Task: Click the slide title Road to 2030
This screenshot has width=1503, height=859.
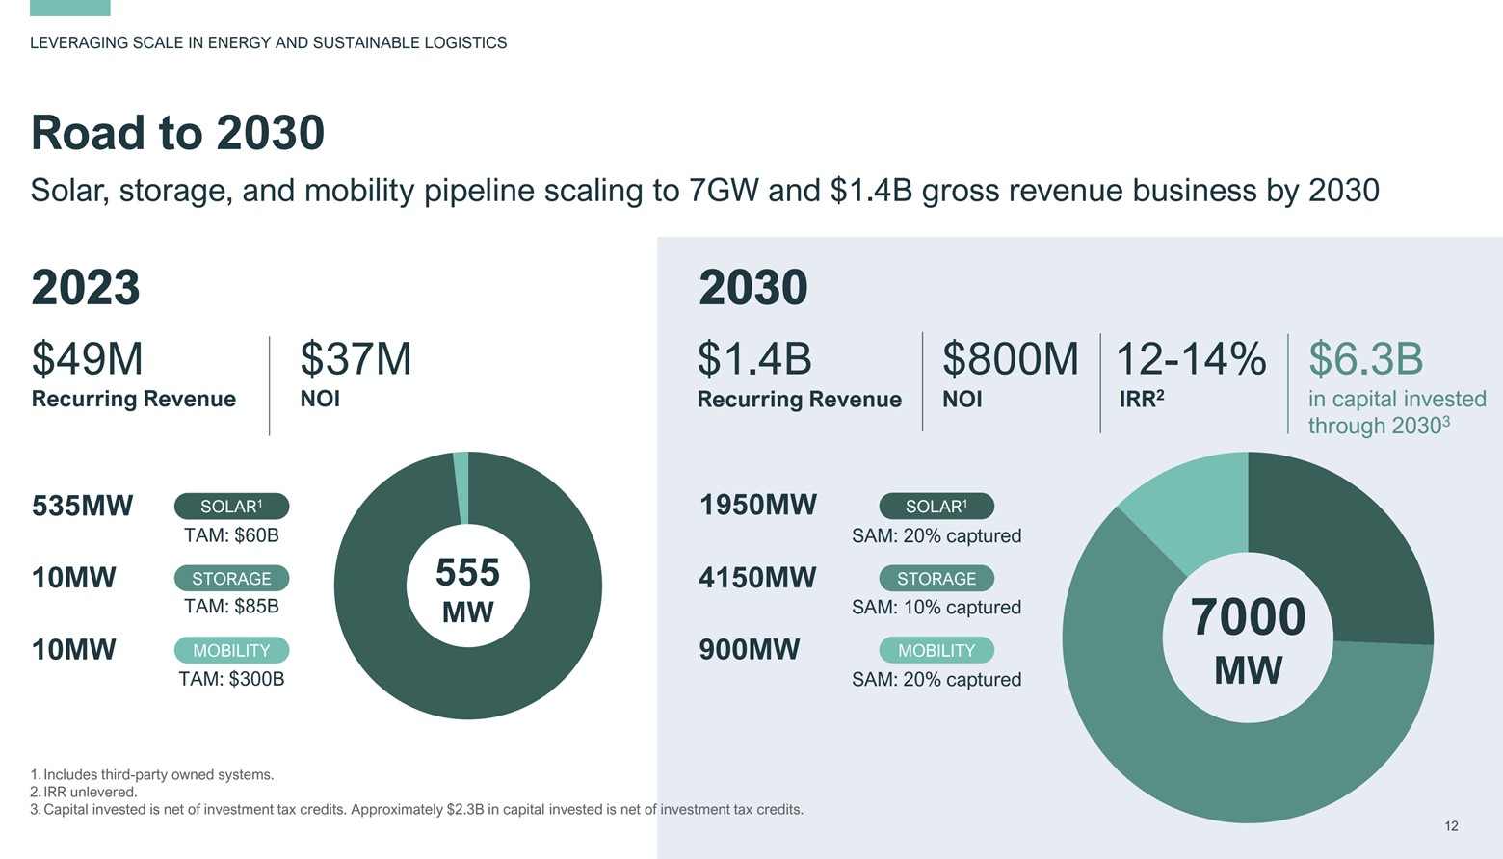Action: point(177,133)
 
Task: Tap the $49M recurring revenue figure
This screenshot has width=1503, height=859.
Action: point(87,359)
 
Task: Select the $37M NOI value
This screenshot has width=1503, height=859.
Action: point(356,359)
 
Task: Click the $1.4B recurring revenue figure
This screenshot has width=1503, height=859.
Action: point(754,359)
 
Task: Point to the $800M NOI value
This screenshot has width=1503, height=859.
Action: point(1010,359)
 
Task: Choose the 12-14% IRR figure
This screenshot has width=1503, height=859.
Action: point(1191,359)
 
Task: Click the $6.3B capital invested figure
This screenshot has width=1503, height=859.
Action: point(1365,359)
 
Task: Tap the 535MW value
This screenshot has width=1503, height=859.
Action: point(82,506)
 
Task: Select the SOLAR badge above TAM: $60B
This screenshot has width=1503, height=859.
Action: point(231,507)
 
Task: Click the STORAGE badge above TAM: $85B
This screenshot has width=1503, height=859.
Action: point(231,579)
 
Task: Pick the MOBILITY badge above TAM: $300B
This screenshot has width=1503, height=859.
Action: point(231,651)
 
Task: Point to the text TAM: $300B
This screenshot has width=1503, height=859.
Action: point(231,679)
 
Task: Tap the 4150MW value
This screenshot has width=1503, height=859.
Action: point(757,578)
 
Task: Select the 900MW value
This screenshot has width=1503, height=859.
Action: point(749,650)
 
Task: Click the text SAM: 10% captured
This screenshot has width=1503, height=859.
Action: point(936,608)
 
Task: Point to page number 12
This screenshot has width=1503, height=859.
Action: point(1451,826)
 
